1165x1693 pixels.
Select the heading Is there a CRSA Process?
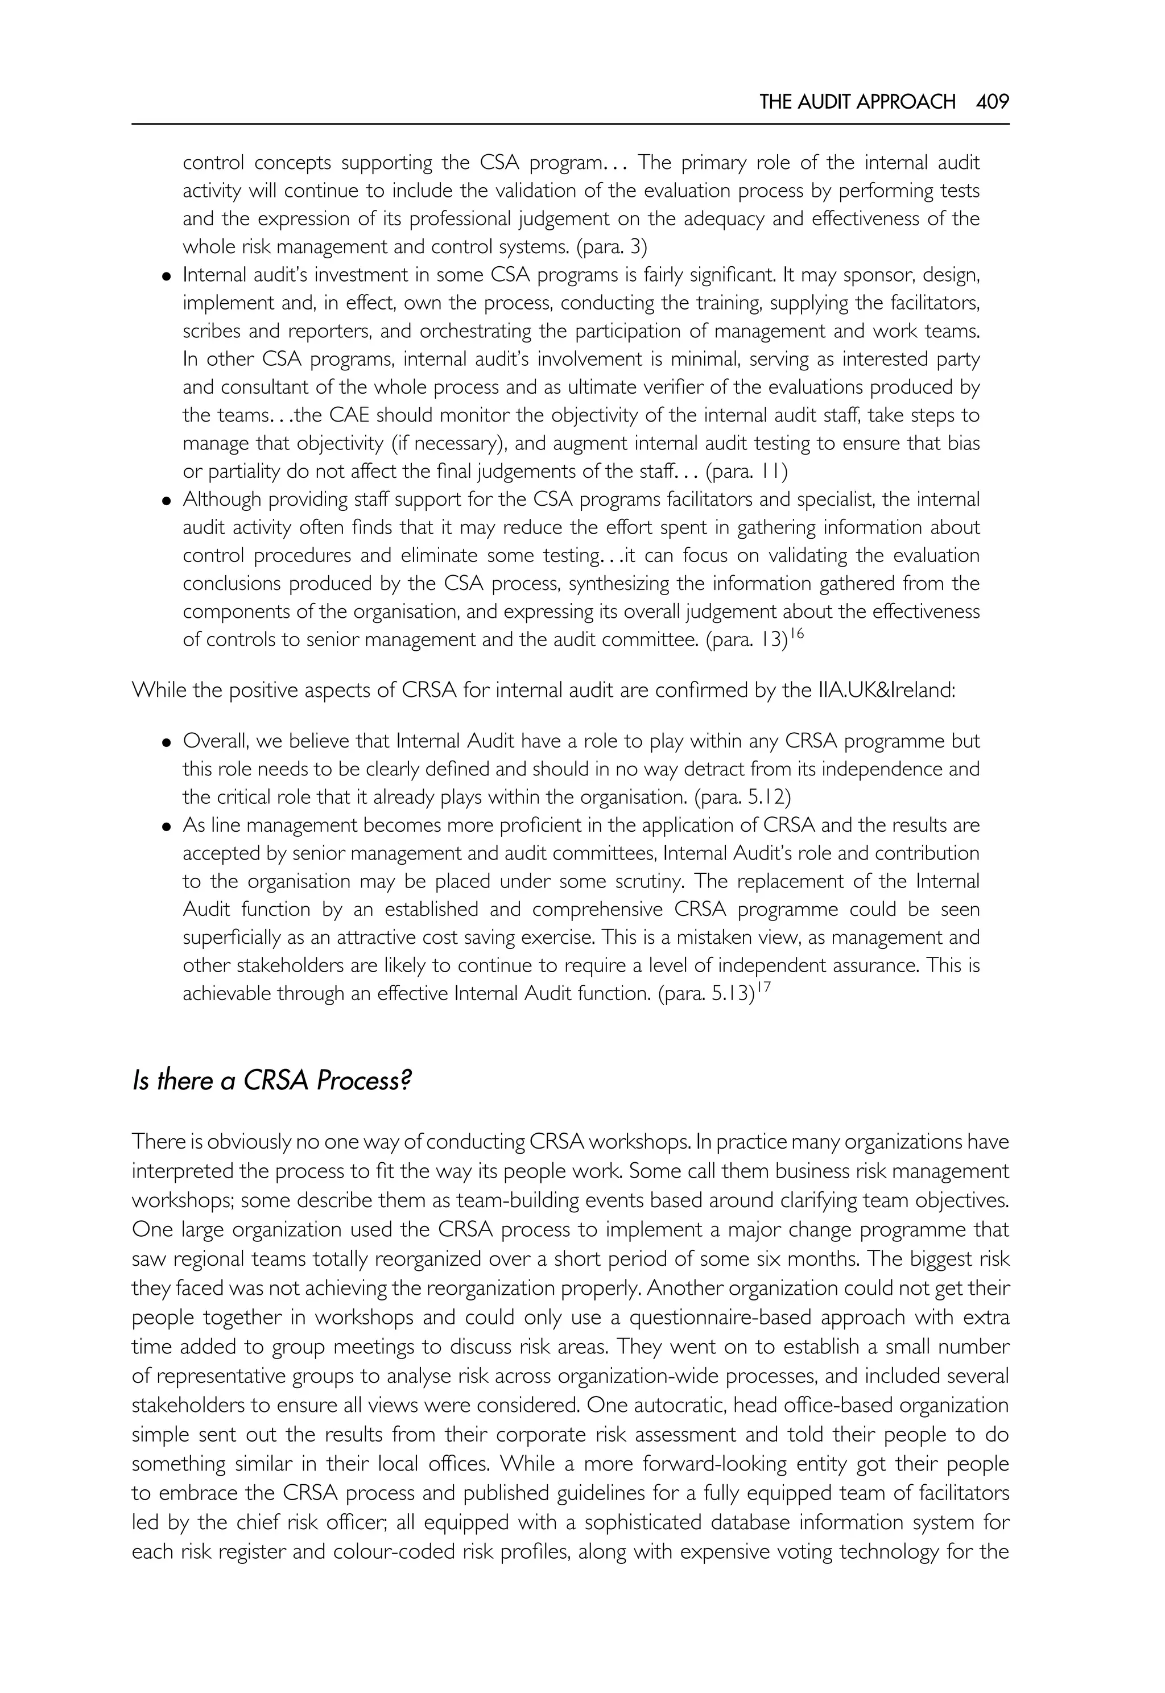[x=271, y=1080]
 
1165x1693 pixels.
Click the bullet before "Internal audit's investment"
[x=167, y=276]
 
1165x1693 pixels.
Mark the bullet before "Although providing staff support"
[x=167, y=501]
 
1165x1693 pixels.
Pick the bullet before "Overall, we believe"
[x=167, y=742]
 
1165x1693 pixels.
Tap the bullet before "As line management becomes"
[x=167, y=827]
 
